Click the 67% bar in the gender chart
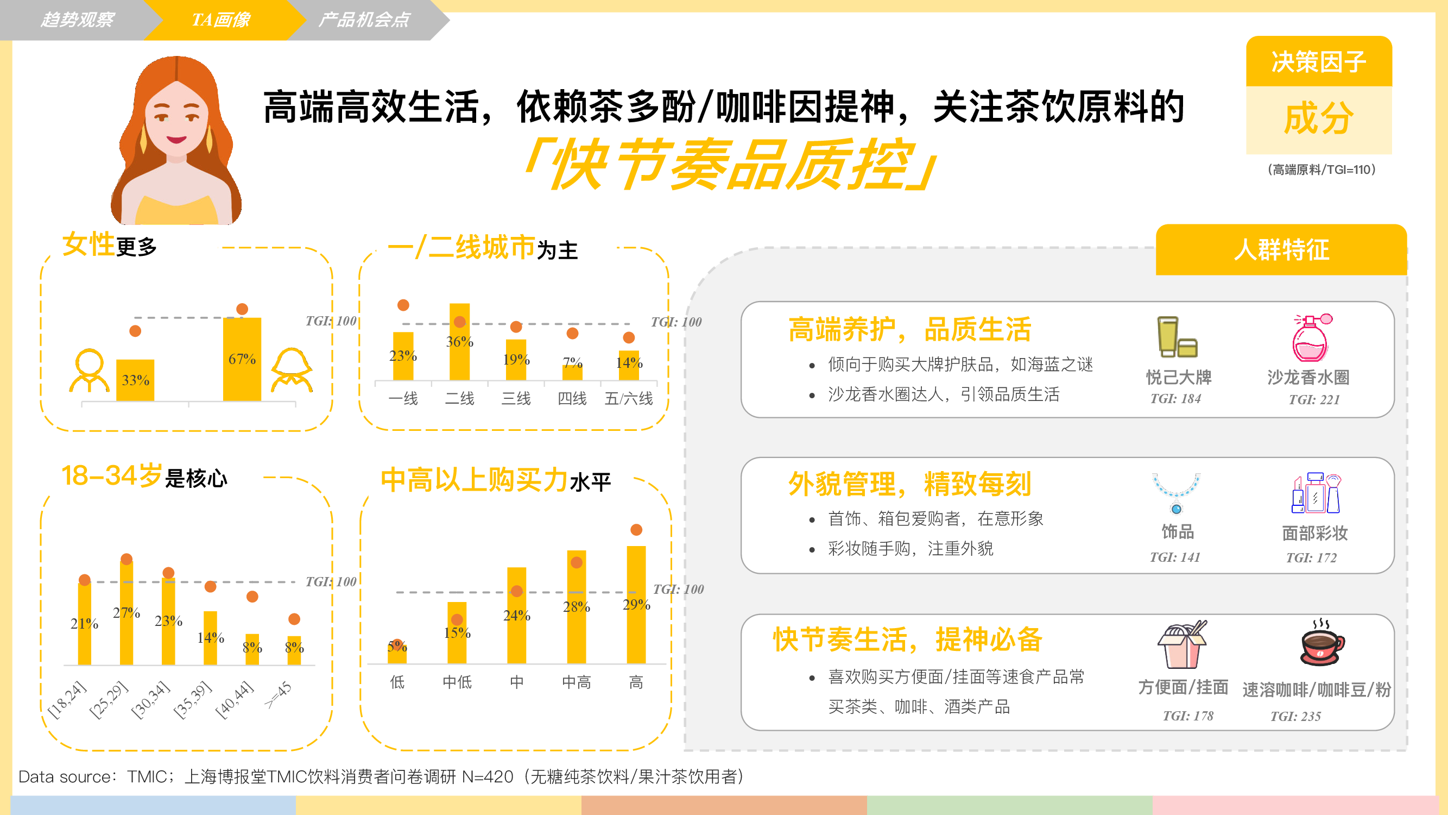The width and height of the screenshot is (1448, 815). click(x=242, y=359)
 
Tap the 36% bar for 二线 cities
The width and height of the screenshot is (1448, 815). click(x=459, y=342)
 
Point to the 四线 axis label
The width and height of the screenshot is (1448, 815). click(x=572, y=399)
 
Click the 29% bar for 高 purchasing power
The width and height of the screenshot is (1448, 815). click(x=636, y=605)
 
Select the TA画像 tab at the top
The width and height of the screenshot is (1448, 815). click(x=221, y=20)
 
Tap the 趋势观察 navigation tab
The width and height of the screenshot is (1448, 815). click(x=77, y=20)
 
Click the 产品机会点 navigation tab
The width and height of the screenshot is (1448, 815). click(x=364, y=20)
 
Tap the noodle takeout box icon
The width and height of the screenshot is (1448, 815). click(x=1182, y=644)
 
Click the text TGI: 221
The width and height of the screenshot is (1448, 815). click(x=1314, y=400)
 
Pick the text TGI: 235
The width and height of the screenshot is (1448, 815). click(x=1295, y=717)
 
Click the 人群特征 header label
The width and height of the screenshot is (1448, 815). click(x=1282, y=250)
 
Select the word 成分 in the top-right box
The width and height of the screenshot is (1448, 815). click(x=1319, y=118)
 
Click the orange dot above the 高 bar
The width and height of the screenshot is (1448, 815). click(x=636, y=530)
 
